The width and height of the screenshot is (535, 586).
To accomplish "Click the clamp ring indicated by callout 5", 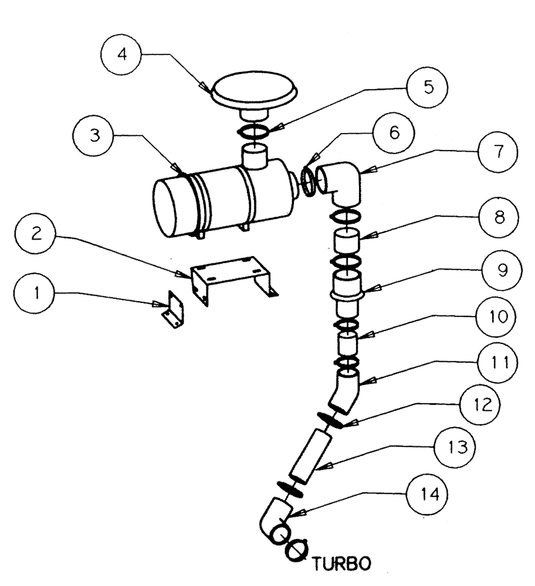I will coord(256,132).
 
